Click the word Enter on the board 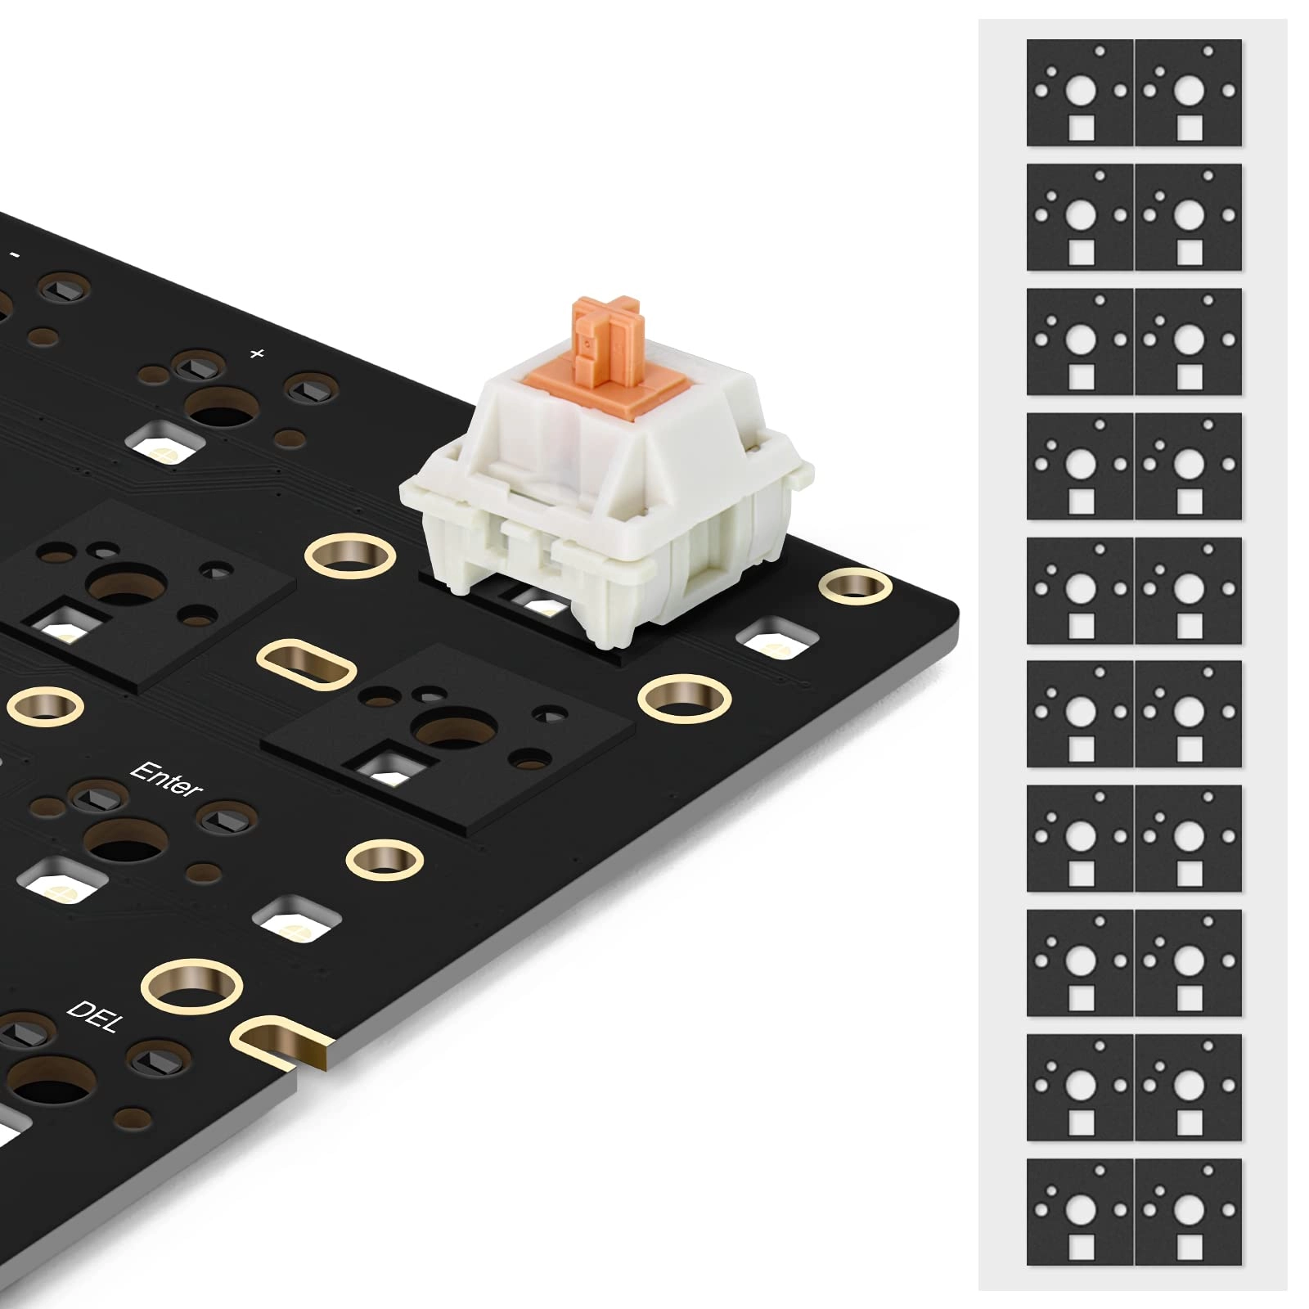pos(166,778)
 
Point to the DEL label pos(96,1015)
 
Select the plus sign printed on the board pos(257,353)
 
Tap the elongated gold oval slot pos(307,664)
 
